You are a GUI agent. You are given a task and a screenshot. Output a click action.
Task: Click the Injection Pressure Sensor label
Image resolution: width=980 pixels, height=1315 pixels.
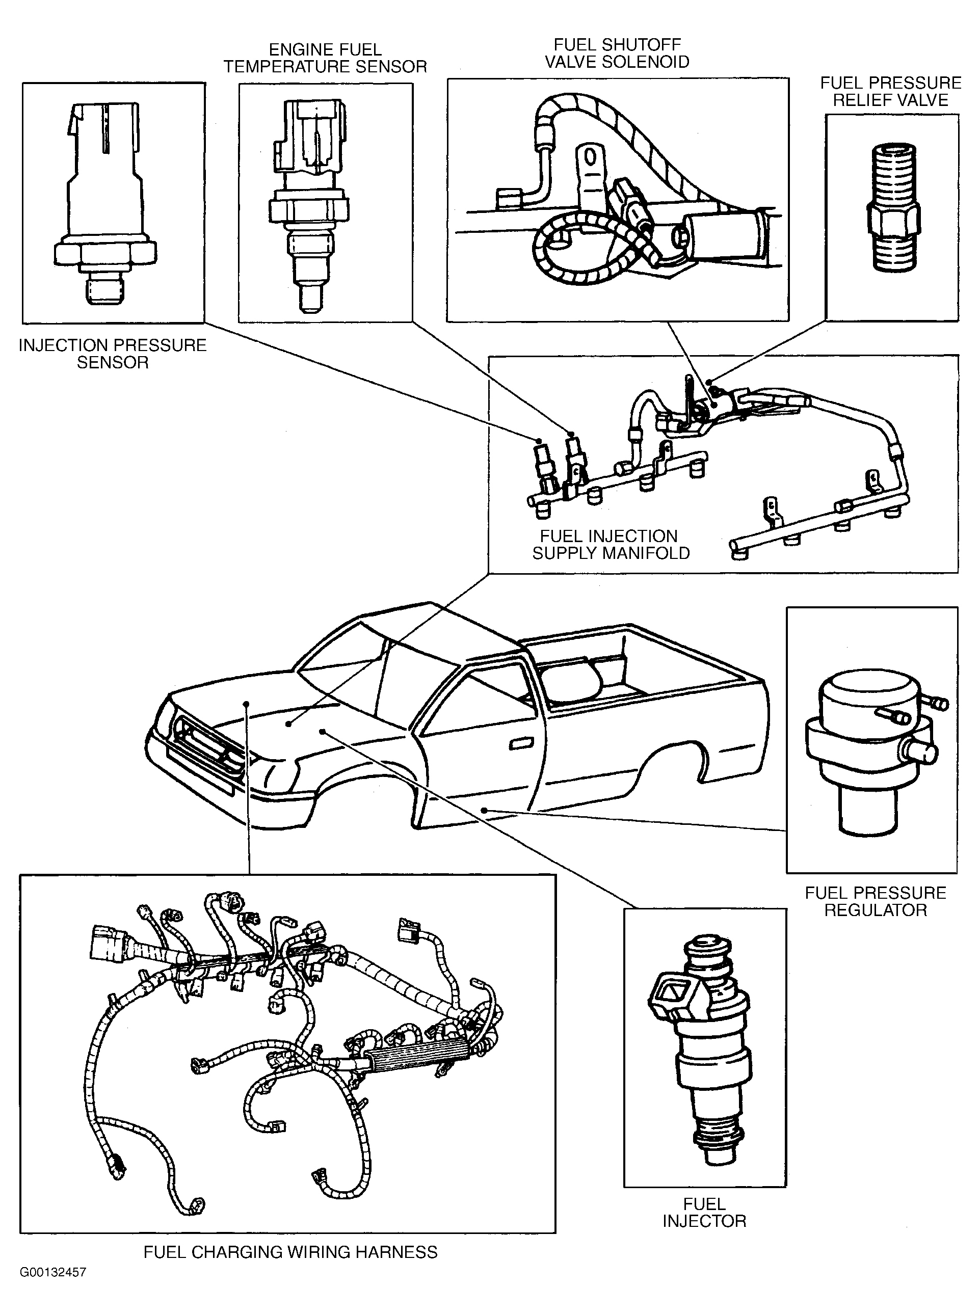(113, 354)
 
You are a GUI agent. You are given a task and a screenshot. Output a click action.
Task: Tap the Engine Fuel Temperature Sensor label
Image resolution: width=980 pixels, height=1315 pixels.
(325, 58)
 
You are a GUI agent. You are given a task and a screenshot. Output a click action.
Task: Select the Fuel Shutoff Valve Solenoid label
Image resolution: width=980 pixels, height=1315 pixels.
(617, 53)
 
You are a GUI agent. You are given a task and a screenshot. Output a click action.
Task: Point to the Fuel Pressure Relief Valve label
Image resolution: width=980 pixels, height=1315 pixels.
(890, 91)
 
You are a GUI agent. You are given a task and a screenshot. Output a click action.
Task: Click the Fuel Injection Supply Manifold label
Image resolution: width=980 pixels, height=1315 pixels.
(611, 545)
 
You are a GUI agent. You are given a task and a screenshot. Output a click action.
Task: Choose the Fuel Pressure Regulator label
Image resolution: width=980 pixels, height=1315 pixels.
(875, 902)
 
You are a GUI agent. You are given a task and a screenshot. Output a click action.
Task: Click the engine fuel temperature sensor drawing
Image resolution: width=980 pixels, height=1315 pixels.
(309, 205)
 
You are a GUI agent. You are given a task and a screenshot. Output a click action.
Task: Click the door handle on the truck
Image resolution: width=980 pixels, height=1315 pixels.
(520, 743)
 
